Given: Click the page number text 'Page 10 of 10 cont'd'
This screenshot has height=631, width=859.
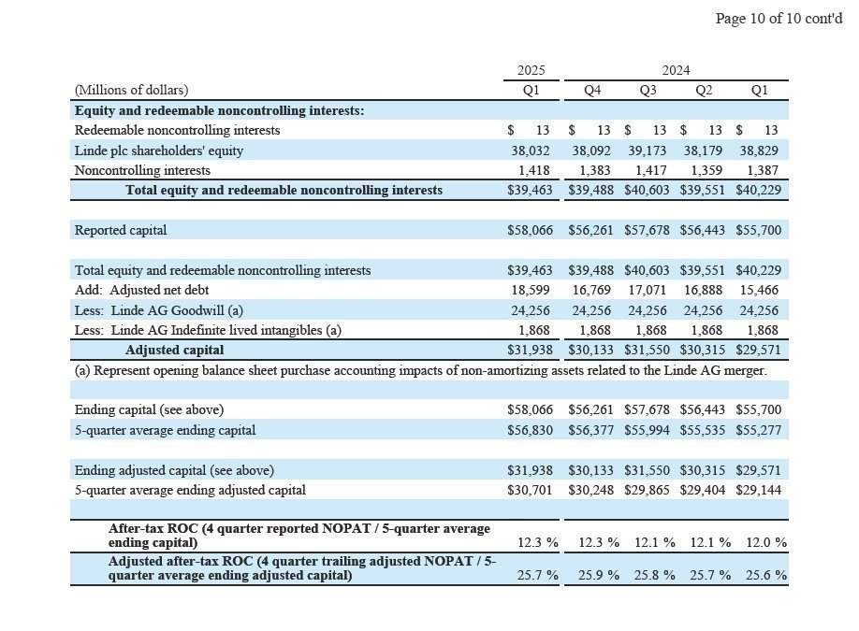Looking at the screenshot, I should (x=779, y=19).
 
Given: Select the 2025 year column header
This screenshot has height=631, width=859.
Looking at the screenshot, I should (x=531, y=70).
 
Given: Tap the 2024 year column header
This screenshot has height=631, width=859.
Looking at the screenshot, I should (x=676, y=70).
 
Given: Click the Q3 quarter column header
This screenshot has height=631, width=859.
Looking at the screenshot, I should (x=648, y=90).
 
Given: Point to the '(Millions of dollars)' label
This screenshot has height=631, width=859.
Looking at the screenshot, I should (x=131, y=90).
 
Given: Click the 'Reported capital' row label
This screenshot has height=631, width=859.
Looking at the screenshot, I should (x=121, y=230).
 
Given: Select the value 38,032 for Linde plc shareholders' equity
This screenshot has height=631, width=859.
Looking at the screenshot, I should (x=531, y=151).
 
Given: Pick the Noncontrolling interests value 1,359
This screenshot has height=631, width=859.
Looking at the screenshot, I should (x=704, y=171).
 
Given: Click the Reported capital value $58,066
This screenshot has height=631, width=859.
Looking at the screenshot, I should (x=530, y=230).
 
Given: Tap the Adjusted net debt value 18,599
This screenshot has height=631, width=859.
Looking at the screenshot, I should (x=531, y=291).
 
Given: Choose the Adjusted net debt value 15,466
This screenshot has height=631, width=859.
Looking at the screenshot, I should (x=759, y=291).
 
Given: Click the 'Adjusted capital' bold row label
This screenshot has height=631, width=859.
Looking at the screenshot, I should (x=175, y=351).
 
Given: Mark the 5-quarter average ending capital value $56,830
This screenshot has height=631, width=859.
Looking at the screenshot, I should (x=530, y=430).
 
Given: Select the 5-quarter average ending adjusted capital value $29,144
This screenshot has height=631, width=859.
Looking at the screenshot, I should (x=758, y=490).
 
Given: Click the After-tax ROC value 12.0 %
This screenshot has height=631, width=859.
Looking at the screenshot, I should (x=765, y=542).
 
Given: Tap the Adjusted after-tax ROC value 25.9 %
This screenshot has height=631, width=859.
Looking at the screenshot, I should (x=598, y=575).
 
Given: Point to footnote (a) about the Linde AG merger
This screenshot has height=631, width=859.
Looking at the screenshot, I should (x=420, y=370).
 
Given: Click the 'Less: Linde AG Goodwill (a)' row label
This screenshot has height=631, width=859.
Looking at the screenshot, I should (x=161, y=310).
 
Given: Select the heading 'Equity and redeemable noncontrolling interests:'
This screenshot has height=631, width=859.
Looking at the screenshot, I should (x=220, y=110).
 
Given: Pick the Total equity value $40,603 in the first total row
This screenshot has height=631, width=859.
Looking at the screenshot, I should (x=648, y=191).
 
